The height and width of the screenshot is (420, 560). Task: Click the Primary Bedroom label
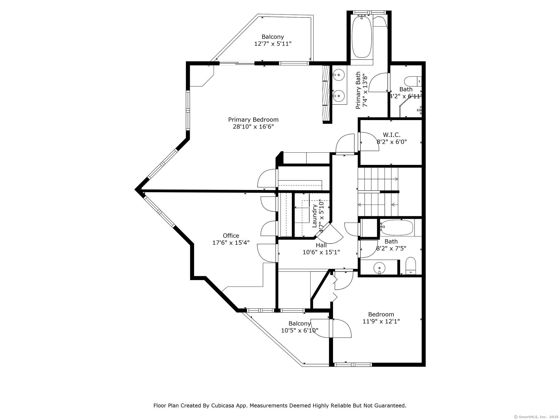tap(253, 120)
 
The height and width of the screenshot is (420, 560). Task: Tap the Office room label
tap(231, 236)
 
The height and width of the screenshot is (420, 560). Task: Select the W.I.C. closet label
tap(392, 135)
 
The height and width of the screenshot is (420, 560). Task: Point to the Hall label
tap(321, 245)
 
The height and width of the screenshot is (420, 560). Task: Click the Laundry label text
tap(314, 216)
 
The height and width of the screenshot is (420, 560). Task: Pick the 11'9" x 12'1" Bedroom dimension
tap(381, 321)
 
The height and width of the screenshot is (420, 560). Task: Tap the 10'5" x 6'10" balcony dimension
tap(300, 330)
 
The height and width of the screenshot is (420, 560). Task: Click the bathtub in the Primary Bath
tap(361, 36)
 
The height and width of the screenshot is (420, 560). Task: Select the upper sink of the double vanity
tap(339, 75)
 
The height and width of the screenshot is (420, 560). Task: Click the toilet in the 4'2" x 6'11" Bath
tap(413, 81)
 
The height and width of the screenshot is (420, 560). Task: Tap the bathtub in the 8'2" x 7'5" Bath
tap(397, 227)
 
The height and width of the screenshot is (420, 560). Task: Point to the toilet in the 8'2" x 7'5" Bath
tap(411, 266)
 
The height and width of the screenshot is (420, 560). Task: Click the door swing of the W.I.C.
tap(369, 142)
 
